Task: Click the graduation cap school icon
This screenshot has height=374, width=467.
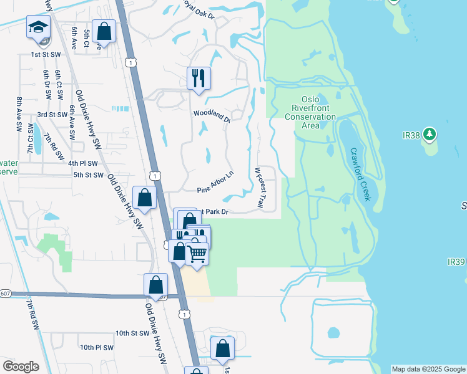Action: point(38,29)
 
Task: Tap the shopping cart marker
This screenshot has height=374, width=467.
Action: point(197,253)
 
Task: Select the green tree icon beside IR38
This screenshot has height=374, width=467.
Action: point(429,134)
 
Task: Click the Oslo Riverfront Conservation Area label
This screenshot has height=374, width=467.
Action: point(310,112)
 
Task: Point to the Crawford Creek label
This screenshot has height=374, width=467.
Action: point(361,174)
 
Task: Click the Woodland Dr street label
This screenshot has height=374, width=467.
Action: point(212,115)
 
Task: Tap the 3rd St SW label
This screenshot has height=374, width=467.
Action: point(52,115)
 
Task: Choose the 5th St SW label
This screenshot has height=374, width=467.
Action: point(88,175)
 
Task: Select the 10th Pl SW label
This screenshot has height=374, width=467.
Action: point(97,347)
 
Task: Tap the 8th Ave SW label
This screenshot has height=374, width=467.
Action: point(19,112)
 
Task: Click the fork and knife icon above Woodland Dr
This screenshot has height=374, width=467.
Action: point(199,78)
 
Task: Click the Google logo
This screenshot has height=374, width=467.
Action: point(21,367)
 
